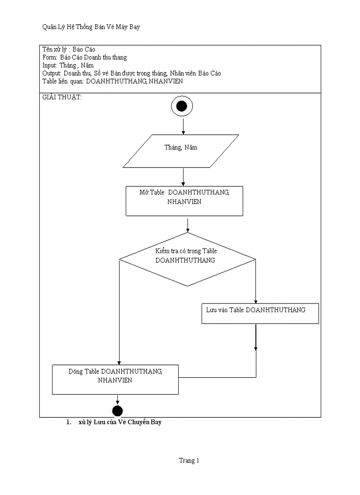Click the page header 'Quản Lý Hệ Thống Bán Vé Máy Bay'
tap(91, 27)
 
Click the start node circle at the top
tap(182, 106)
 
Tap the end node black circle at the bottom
tap(117, 411)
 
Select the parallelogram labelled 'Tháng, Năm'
tap(181, 151)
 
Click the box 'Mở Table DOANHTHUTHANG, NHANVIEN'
tap(184, 201)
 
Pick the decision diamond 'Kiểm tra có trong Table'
tap(187, 259)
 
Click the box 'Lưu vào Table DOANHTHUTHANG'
tap(260, 313)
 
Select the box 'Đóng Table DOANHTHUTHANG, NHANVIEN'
tap(115, 380)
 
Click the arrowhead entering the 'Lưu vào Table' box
tap(256, 300)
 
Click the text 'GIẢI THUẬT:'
tap(62, 97)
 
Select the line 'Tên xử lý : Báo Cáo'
tap(69, 49)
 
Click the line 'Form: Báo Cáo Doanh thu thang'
tap(85, 57)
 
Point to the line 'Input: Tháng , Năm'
tap(68, 65)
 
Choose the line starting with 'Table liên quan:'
tap(112, 81)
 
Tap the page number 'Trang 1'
tap(189, 461)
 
